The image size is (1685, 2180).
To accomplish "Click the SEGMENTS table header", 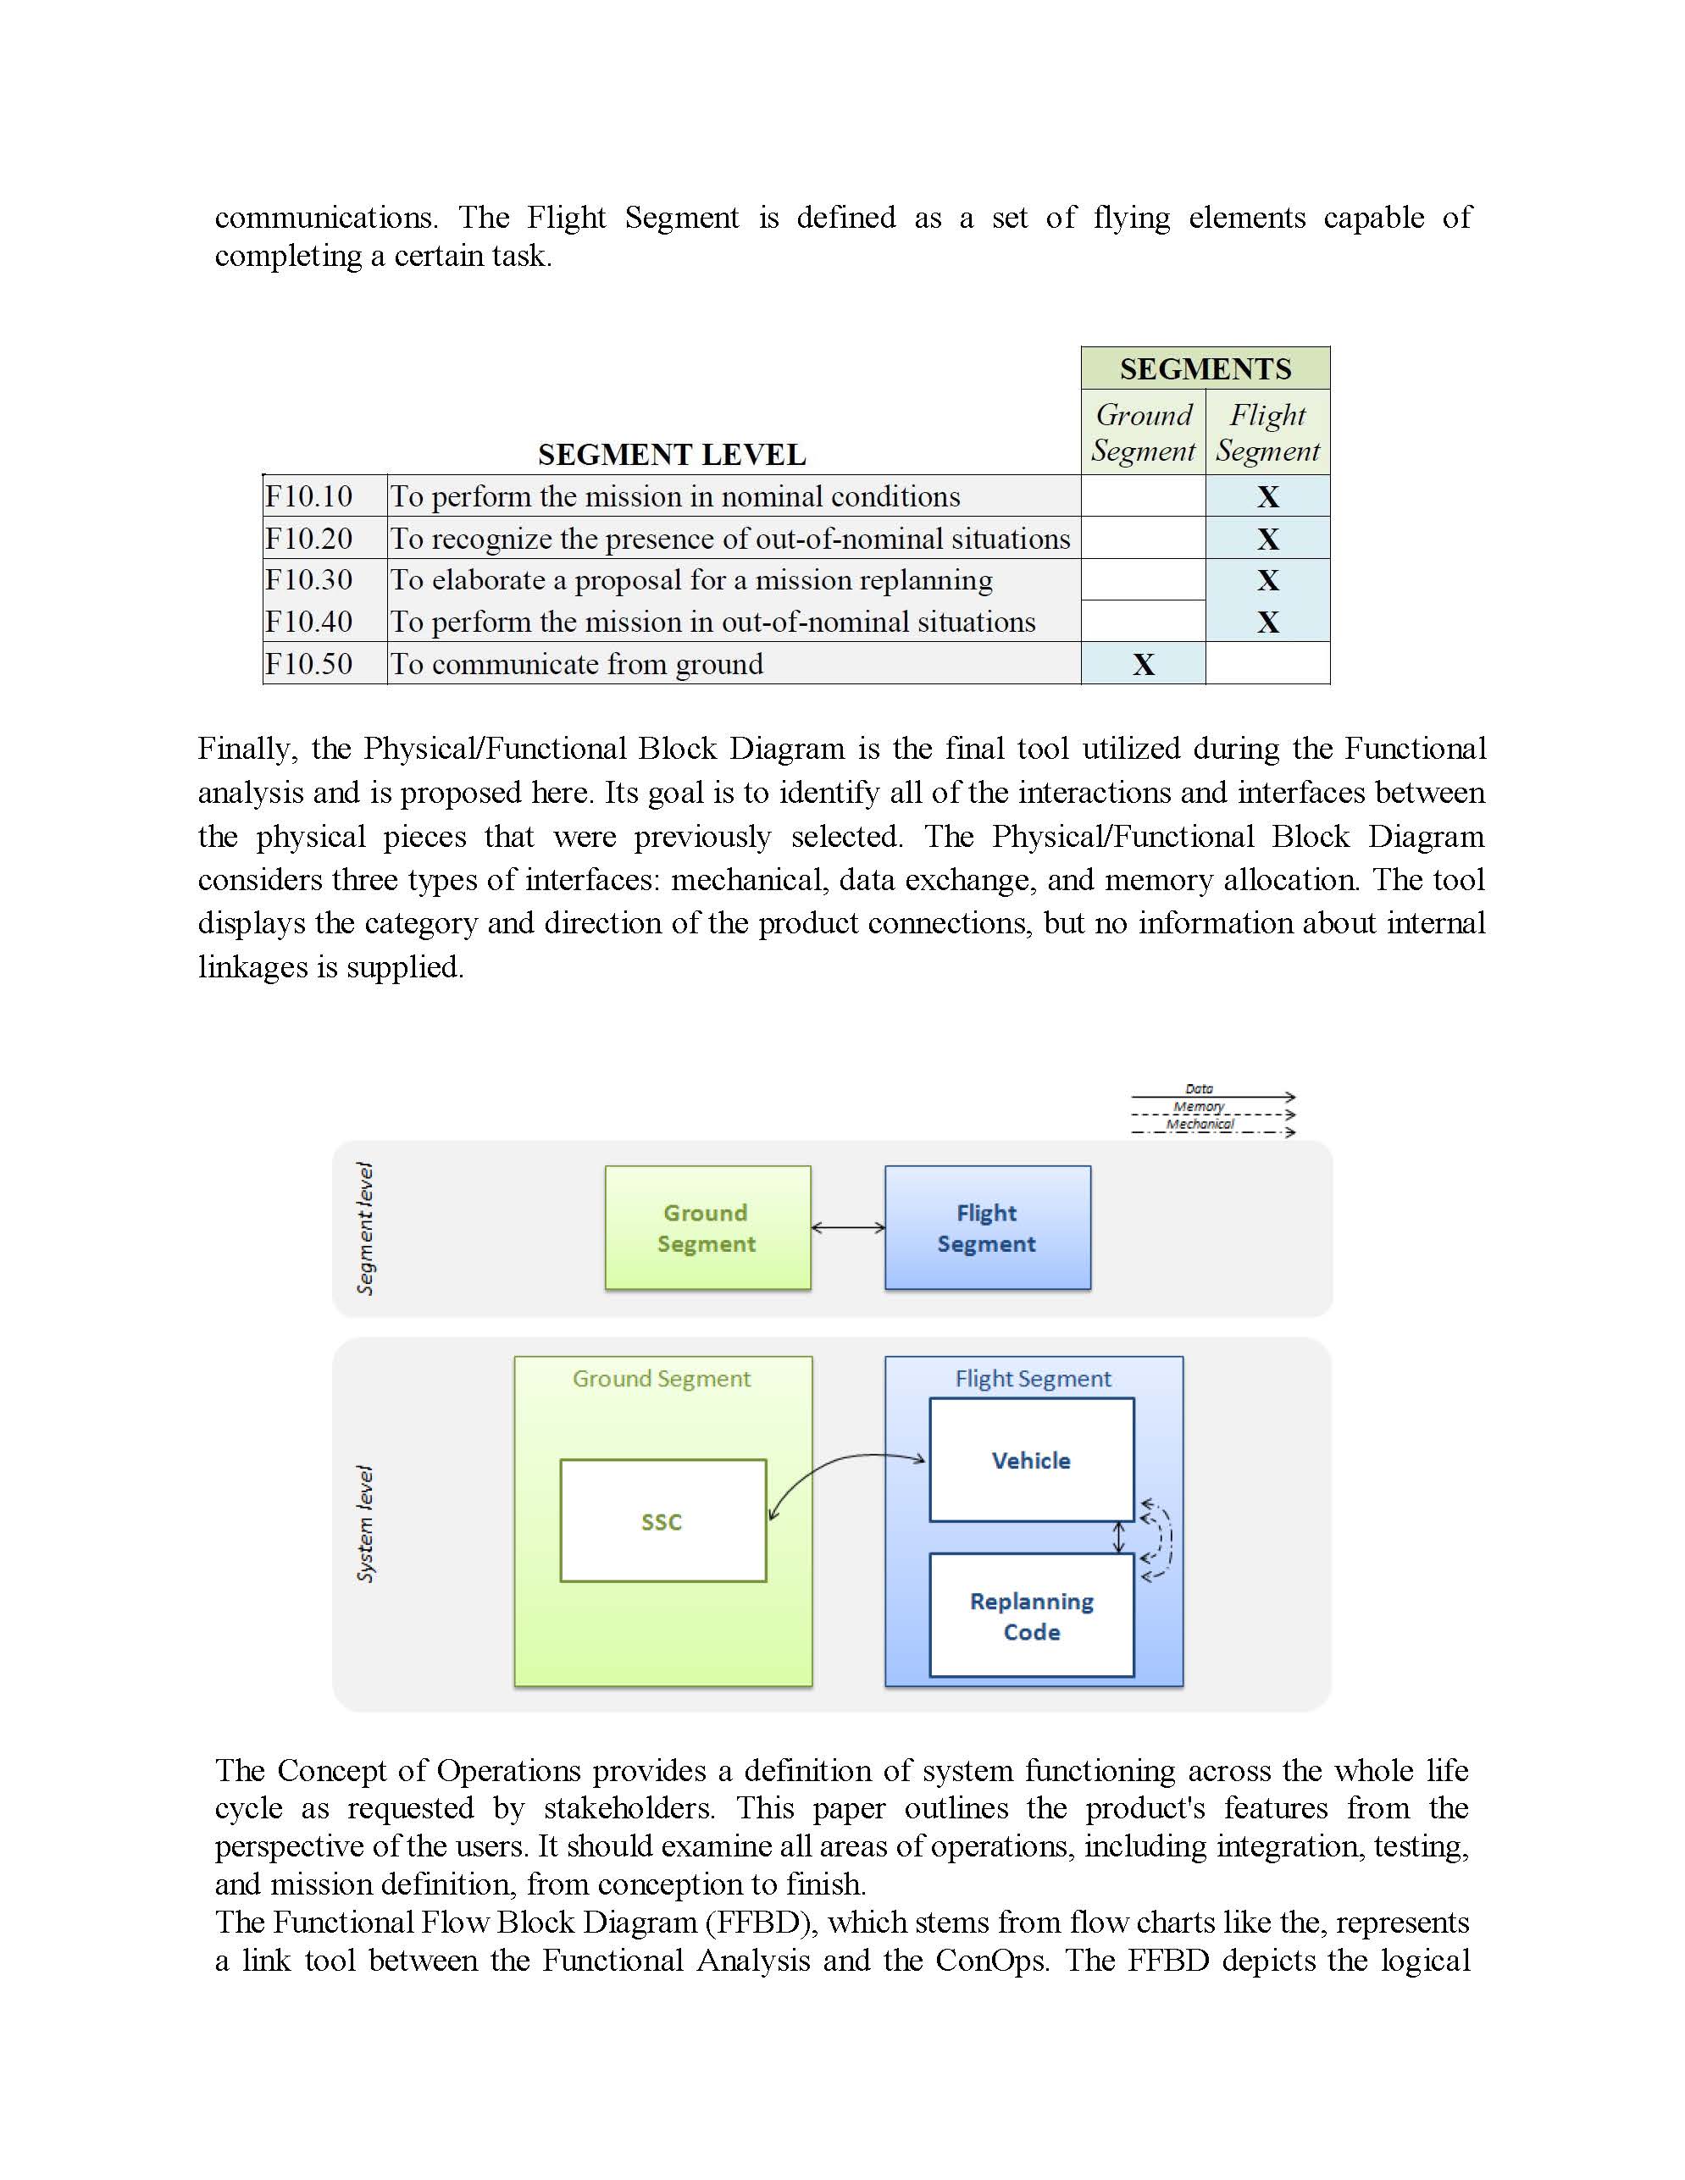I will [x=1205, y=368].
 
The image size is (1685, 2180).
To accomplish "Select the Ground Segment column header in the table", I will [x=1143, y=432].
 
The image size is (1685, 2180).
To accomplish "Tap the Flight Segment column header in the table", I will [x=1267, y=432].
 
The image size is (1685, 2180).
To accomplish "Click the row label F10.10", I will [x=308, y=496].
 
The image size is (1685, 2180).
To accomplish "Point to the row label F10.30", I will [x=308, y=580].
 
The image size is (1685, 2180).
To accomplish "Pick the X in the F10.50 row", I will [x=1143, y=664].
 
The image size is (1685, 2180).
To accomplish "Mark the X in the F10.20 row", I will [x=1267, y=539].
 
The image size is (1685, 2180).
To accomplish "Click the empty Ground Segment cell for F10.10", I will [x=1143, y=496].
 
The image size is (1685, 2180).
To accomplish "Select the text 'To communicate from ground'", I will [x=577, y=664].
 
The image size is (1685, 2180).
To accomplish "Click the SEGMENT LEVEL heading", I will [x=672, y=455].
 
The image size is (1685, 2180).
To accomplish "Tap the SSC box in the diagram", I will [x=662, y=1521].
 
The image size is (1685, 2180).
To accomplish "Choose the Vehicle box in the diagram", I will [x=1031, y=1460].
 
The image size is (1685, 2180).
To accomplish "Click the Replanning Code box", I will [x=1031, y=1616].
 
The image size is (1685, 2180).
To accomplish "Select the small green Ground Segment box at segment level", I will [x=707, y=1228].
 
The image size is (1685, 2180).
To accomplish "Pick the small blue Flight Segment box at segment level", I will [x=987, y=1228].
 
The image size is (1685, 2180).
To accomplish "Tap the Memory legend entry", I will [x=1200, y=1107].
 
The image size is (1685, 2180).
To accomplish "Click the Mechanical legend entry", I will [x=1200, y=1125].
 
